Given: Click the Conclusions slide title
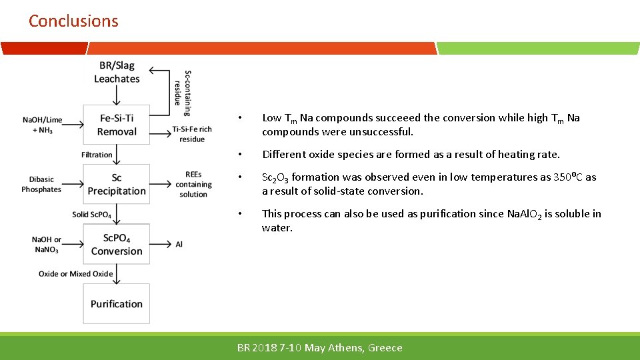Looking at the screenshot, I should click(73, 21).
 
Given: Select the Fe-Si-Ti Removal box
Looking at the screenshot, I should click(117, 125).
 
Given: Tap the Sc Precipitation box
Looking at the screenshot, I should click(117, 184).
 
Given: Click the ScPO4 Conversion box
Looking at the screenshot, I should click(117, 244).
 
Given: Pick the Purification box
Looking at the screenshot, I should click(117, 304).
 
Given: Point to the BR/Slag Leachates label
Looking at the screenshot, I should click(117, 72).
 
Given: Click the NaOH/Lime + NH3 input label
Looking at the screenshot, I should click(42, 125).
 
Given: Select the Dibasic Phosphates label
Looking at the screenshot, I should click(41, 184).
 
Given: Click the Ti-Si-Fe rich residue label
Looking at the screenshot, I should click(192, 134).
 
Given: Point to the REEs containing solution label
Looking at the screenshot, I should click(193, 185).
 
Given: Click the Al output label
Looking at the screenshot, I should click(179, 245).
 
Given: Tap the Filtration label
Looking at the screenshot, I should click(97, 155).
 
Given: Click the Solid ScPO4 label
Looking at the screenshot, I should click(92, 215).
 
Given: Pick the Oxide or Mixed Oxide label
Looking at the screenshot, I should click(75, 274).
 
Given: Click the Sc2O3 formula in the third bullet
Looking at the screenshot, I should click(275, 177).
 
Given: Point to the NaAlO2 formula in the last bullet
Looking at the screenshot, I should click(522, 214).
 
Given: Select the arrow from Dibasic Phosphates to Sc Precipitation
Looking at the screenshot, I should click(72, 184).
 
